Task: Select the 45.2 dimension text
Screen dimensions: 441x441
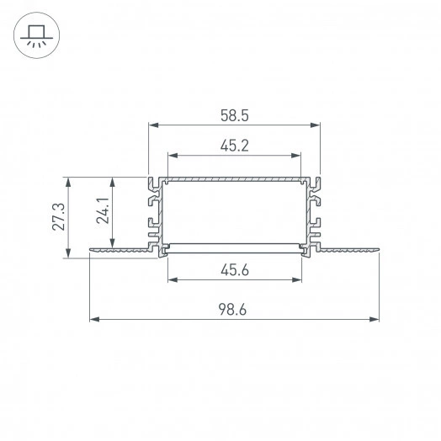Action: tap(235, 145)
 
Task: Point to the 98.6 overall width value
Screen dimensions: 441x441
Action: tap(235, 310)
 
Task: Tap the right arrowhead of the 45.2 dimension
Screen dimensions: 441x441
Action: tap(297, 156)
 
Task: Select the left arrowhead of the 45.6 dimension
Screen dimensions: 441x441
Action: tap(173, 279)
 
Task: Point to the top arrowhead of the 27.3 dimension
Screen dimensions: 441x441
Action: tap(68, 181)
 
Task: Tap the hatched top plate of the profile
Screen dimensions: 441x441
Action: tap(235, 180)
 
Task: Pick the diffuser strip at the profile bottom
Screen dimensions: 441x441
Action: tap(235, 246)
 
